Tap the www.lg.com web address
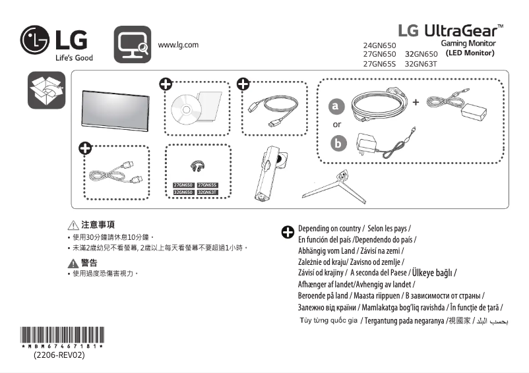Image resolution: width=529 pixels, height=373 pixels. (178, 45)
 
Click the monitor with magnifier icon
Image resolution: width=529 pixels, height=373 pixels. (133, 44)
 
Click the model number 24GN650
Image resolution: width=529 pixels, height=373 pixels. (380, 45)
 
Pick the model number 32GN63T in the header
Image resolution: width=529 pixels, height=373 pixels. (421, 65)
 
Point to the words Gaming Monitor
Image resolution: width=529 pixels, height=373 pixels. (468, 43)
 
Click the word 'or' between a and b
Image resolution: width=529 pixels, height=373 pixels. (337, 125)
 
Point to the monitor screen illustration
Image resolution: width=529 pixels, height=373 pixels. (113, 107)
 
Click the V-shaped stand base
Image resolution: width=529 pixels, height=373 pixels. (334, 186)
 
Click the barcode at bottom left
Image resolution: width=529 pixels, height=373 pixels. (62, 335)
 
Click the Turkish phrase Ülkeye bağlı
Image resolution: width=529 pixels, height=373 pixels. (433, 272)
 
